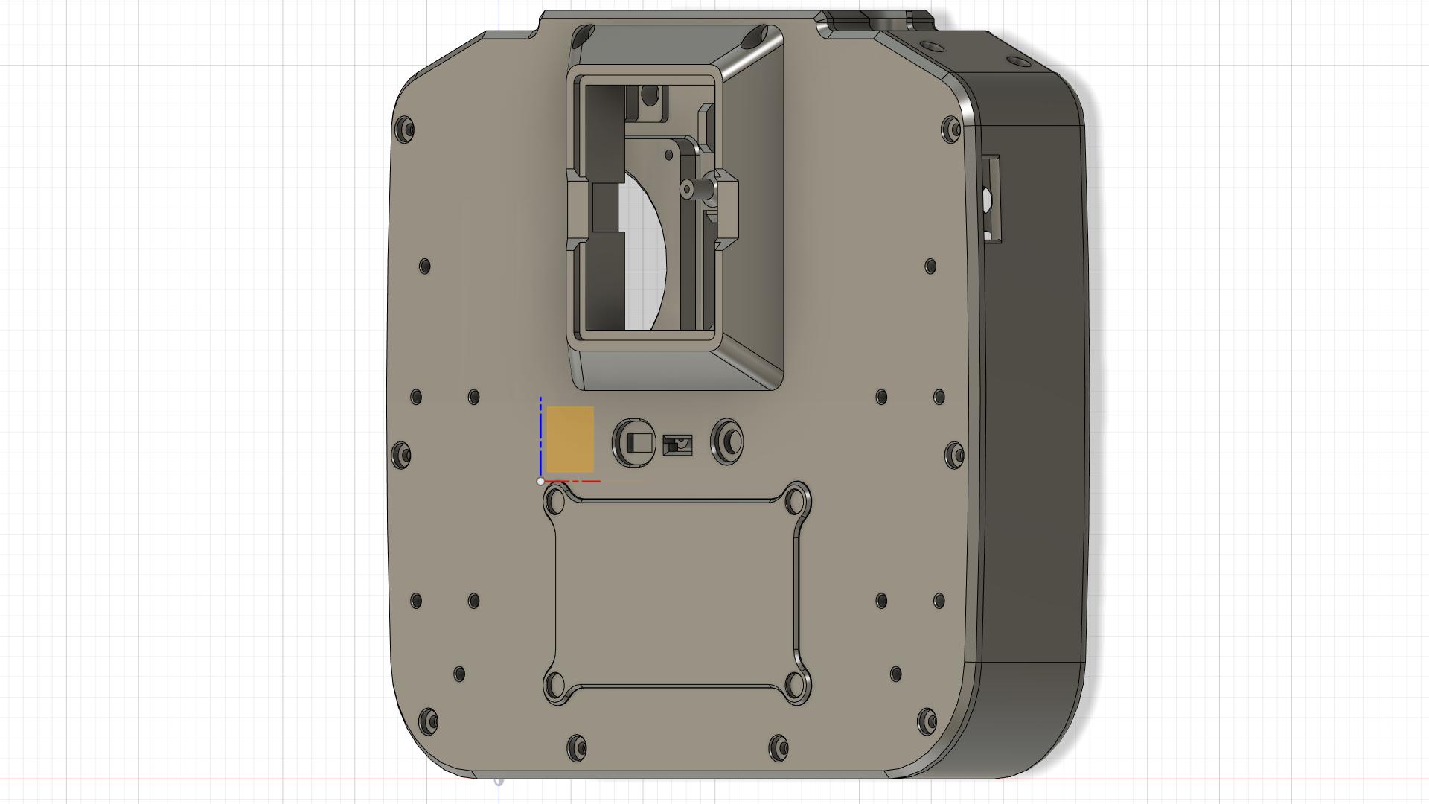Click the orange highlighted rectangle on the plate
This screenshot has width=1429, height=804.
[x=570, y=439]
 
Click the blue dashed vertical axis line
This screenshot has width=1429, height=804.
[x=540, y=435]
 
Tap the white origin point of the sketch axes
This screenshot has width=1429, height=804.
[x=540, y=482]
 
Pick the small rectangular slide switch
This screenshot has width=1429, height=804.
[x=677, y=445]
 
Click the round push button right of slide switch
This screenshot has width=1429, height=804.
[x=728, y=441]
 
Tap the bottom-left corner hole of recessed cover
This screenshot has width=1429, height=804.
[x=555, y=683]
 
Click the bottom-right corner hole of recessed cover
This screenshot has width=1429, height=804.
[x=796, y=683]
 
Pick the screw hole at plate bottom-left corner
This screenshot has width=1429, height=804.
[x=428, y=721]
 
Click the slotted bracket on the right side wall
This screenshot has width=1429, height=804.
[x=991, y=198]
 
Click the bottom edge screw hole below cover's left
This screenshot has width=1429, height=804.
[x=577, y=747]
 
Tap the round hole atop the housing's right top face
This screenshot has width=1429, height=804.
[x=1014, y=61]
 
